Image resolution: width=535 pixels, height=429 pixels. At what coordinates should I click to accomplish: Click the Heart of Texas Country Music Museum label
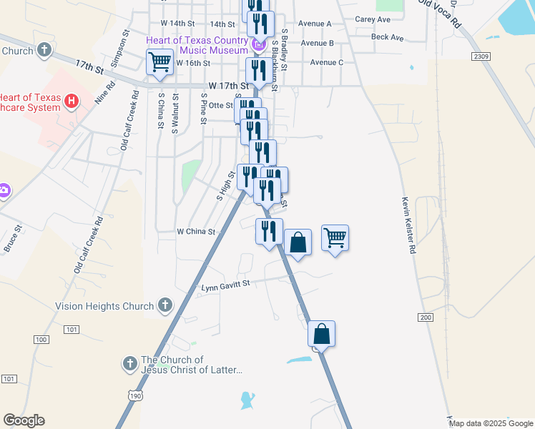[x=197, y=44]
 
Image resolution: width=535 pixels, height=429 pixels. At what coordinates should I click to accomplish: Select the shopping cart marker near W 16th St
[x=160, y=61]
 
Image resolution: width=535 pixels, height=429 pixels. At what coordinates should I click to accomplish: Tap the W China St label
[x=196, y=232]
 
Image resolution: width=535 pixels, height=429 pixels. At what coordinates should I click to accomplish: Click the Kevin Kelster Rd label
[x=408, y=225]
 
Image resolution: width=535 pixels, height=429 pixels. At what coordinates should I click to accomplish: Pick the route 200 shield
[x=427, y=317]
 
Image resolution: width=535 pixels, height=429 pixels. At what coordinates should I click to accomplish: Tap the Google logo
[x=24, y=420]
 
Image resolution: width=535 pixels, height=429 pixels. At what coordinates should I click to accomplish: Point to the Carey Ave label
[x=372, y=19]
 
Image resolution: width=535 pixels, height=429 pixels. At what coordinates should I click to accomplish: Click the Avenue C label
[x=327, y=62]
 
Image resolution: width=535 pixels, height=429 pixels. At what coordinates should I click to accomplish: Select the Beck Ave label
[x=388, y=37]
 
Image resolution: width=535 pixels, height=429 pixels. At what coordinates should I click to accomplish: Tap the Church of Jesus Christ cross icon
[x=129, y=364]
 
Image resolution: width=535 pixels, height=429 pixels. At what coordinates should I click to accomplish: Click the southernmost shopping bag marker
[x=322, y=334]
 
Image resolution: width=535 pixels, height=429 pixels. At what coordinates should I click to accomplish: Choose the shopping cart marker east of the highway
[x=335, y=238]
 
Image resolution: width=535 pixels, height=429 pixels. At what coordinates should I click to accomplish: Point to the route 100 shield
[x=41, y=339]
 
